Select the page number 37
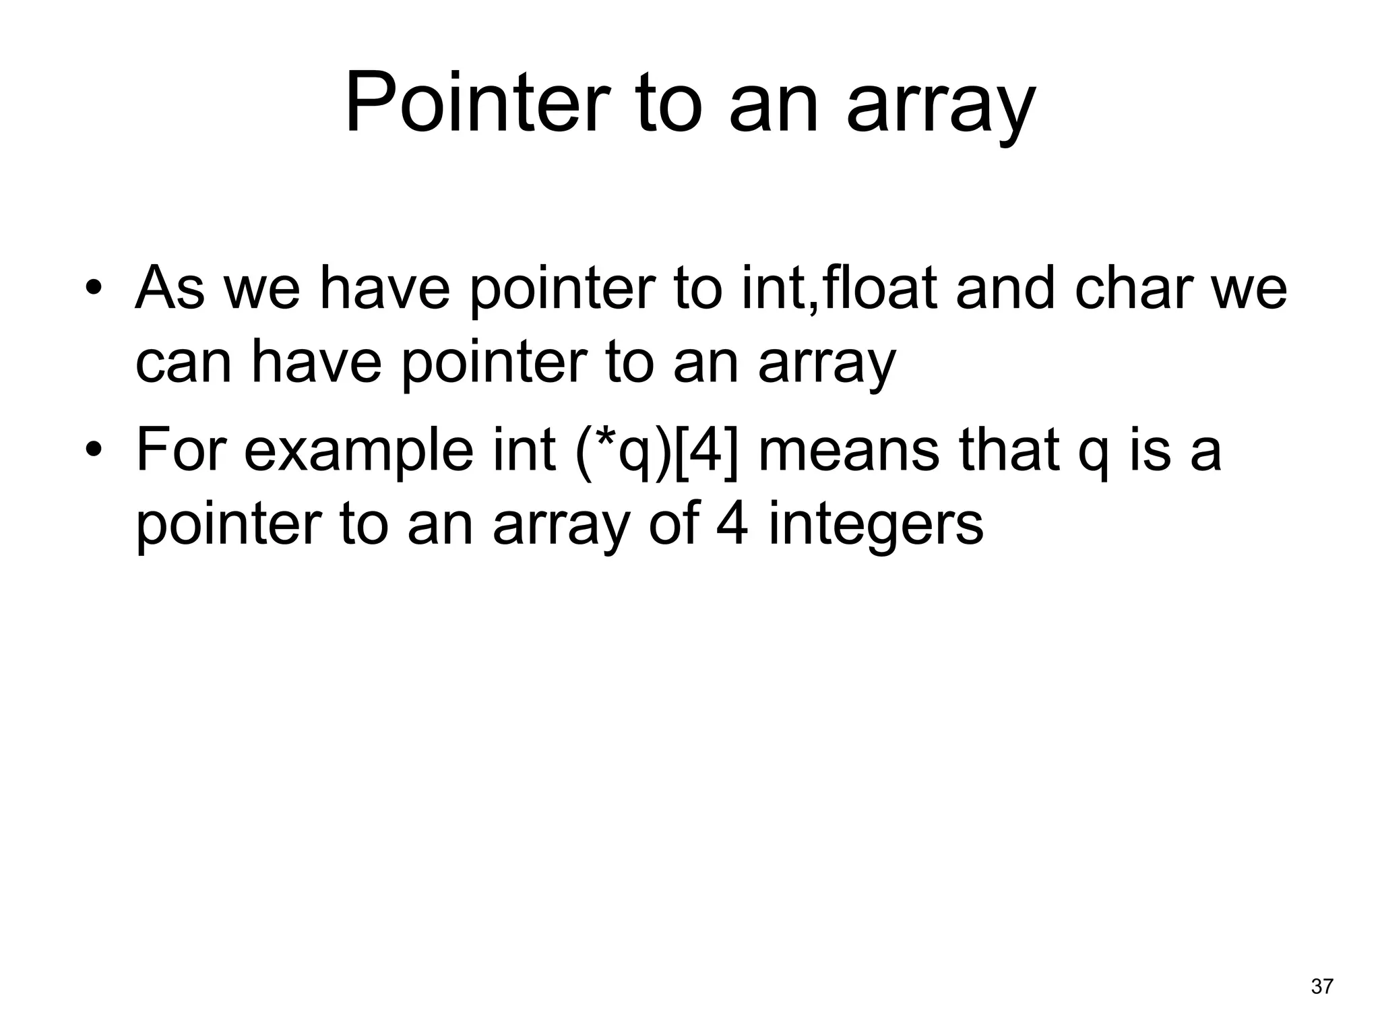[1322, 986]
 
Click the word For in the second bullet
[180, 449]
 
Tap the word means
[848, 450]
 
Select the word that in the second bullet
[1008, 449]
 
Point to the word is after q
[1150, 449]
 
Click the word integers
[875, 526]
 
